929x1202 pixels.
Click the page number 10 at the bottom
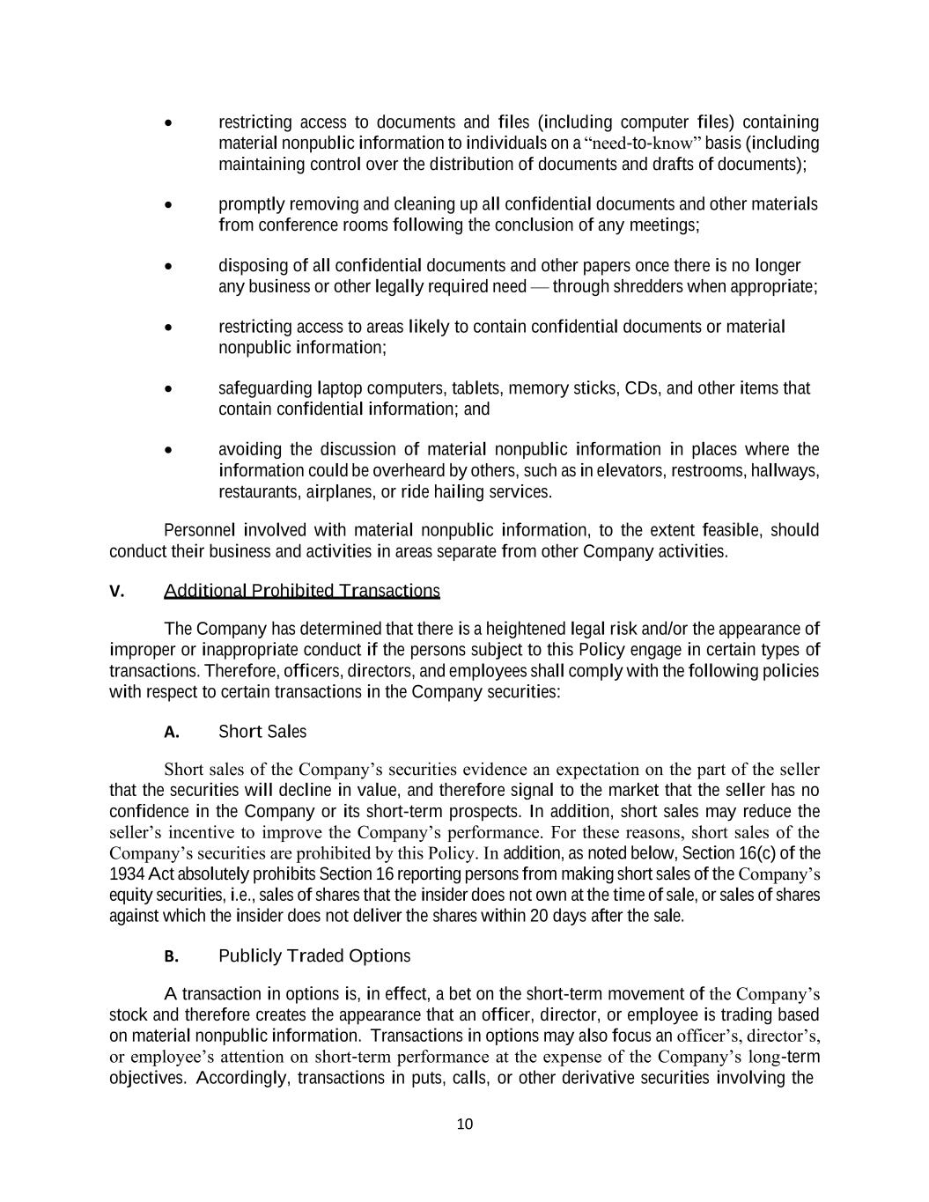[x=465, y=1124]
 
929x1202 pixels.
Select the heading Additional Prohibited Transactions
[x=301, y=591]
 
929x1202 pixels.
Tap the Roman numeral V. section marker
[x=116, y=592]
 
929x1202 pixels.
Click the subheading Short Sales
[x=262, y=732]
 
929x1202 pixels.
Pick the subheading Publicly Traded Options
[x=314, y=956]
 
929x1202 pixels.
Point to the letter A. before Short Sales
[x=172, y=733]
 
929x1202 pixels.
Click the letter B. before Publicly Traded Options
[x=172, y=957]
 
